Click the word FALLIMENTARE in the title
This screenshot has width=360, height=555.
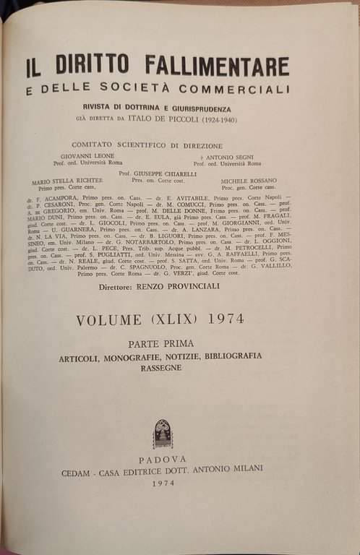coord(217,66)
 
